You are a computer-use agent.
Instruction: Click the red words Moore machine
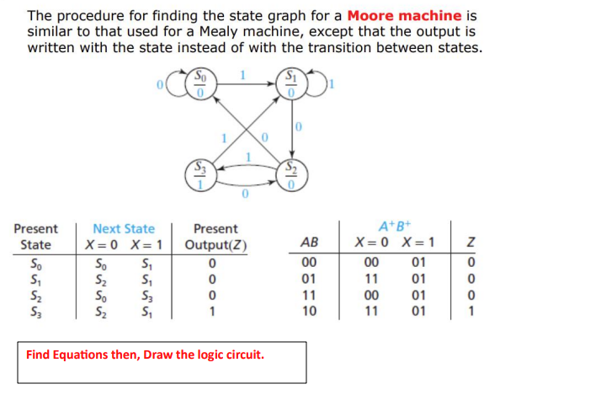point(404,15)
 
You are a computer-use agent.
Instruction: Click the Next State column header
point(124,228)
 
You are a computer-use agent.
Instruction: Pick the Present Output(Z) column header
point(215,237)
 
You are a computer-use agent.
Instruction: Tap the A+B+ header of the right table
point(394,226)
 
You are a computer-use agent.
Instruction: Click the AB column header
point(309,243)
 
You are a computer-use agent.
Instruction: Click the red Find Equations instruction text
point(145,354)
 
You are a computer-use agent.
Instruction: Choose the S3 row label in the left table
point(35,311)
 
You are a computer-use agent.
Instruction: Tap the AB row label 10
point(309,311)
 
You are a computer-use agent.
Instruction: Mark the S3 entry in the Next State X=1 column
point(143,296)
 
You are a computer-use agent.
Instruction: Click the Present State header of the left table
point(35,237)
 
